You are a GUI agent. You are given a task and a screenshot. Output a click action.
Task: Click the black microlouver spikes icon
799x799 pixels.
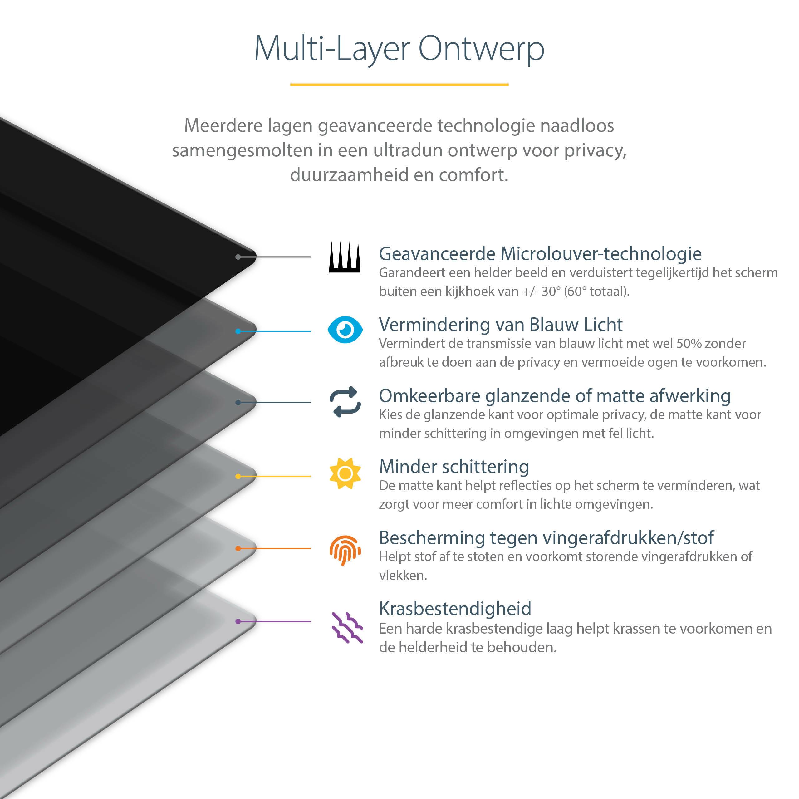point(345,257)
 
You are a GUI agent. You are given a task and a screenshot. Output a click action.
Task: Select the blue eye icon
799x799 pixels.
point(345,330)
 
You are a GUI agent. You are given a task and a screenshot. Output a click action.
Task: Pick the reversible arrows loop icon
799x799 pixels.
point(345,402)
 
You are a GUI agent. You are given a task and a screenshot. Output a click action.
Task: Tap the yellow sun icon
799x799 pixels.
point(345,473)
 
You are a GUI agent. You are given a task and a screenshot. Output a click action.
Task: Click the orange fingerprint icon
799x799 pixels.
point(345,550)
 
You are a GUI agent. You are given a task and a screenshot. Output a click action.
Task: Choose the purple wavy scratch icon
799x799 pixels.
point(347,627)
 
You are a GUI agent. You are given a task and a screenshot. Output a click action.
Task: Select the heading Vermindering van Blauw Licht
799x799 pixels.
point(500,325)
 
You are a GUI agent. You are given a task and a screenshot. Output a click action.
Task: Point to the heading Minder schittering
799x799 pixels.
point(454,467)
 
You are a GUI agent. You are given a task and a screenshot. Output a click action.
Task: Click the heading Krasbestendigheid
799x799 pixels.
point(455,609)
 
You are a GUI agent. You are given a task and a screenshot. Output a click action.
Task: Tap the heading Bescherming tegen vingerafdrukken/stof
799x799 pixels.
point(546,538)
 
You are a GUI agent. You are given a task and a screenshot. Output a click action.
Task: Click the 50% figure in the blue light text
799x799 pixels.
point(689,344)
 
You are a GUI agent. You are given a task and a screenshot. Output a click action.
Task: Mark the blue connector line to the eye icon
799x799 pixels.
point(275,331)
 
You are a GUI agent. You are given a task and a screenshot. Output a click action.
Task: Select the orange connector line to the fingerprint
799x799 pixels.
point(275,548)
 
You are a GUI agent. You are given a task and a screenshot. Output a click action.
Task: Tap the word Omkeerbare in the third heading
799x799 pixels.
point(430,396)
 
